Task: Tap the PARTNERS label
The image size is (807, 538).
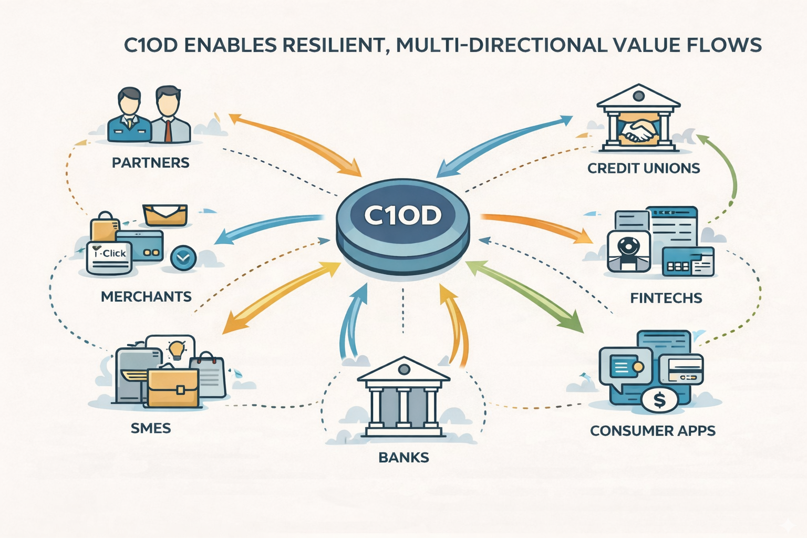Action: click(x=151, y=162)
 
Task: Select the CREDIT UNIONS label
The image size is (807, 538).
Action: click(x=644, y=168)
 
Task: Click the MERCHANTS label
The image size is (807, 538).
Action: click(x=146, y=296)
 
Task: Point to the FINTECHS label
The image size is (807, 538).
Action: click(x=666, y=298)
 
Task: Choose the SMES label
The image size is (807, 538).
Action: click(x=151, y=428)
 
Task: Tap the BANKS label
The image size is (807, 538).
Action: click(x=403, y=457)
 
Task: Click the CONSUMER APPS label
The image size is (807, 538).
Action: click(x=653, y=431)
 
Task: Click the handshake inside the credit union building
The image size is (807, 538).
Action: click(x=638, y=129)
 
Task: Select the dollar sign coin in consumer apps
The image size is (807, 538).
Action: click(x=659, y=401)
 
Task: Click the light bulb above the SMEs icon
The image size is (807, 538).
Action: click(x=175, y=348)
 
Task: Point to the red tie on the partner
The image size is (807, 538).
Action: click(x=168, y=130)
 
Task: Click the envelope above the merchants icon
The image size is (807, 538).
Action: click(x=165, y=214)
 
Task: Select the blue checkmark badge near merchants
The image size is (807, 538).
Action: click(x=183, y=257)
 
